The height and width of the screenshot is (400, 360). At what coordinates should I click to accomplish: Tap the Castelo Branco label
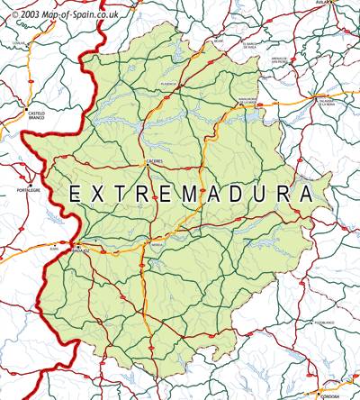pyautogui.click(x=32, y=114)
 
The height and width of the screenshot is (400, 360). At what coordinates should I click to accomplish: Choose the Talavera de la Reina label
pyautogui.click(x=328, y=104)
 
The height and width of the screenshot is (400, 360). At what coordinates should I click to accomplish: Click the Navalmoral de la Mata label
pyautogui.click(x=248, y=101)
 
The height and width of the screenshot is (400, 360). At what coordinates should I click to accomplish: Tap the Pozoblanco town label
pyautogui.click(x=325, y=321)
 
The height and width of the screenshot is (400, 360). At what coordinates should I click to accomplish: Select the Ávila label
pyautogui.click(x=346, y=4)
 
